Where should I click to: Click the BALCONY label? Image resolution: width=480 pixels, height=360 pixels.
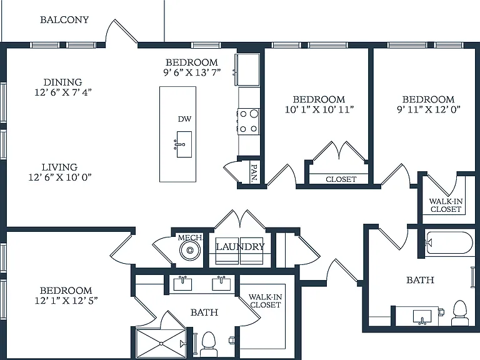(x=64, y=20)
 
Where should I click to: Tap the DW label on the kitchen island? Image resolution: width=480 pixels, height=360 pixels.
(x=184, y=119)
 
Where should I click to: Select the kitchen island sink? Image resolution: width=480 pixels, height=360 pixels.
(x=184, y=144)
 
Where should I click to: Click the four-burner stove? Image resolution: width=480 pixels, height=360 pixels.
(x=249, y=121)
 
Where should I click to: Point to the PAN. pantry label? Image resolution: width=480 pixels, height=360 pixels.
(x=254, y=172)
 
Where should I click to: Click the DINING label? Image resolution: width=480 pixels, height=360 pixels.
(x=62, y=82)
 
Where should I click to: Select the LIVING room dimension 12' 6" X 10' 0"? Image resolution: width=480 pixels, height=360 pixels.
(x=60, y=177)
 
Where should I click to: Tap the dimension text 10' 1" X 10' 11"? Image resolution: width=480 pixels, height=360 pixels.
(x=319, y=109)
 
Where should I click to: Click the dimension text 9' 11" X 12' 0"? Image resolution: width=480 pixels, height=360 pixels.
(x=429, y=109)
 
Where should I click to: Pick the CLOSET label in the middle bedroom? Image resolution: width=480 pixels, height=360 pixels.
(x=341, y=179)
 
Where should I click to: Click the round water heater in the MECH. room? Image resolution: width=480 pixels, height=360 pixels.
(x=190, y=251)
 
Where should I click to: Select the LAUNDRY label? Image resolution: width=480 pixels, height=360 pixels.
(x=240, y=247)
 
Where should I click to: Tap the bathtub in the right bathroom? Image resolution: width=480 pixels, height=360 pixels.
(x=447, y=242)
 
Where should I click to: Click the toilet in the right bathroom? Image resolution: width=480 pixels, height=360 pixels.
(x=460, y=313)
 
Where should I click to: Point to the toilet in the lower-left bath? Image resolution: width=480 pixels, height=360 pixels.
(x=209, y=344)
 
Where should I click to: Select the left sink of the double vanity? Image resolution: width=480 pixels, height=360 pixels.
(x=182, y=284)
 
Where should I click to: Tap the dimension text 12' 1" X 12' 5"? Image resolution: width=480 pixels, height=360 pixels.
(x=66, y=301)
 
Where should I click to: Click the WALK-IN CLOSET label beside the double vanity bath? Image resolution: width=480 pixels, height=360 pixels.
(x=266, y=301)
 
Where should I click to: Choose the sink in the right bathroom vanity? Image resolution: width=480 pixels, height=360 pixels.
(x=422, y=316)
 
